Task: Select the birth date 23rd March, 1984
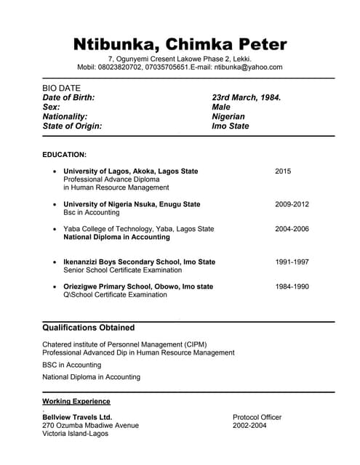click(246, 97)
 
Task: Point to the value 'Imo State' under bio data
click(230, 126)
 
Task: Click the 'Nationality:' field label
click(65, 116)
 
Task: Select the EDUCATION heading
click(64, 155)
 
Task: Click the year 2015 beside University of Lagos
click(283, 171)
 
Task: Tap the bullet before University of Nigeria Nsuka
click(55, 205)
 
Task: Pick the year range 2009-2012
click(292, 204)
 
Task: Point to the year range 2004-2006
click(292, 229)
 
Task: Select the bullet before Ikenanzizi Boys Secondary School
click(55, 262)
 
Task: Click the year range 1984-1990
click(292, 286)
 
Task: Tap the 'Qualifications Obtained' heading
click(88, 328)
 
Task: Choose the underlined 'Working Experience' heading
click(76, 401)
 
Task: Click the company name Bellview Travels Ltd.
click(77, 417)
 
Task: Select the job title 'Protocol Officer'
click(257, 417)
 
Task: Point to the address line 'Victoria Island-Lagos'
click(75, 434)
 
